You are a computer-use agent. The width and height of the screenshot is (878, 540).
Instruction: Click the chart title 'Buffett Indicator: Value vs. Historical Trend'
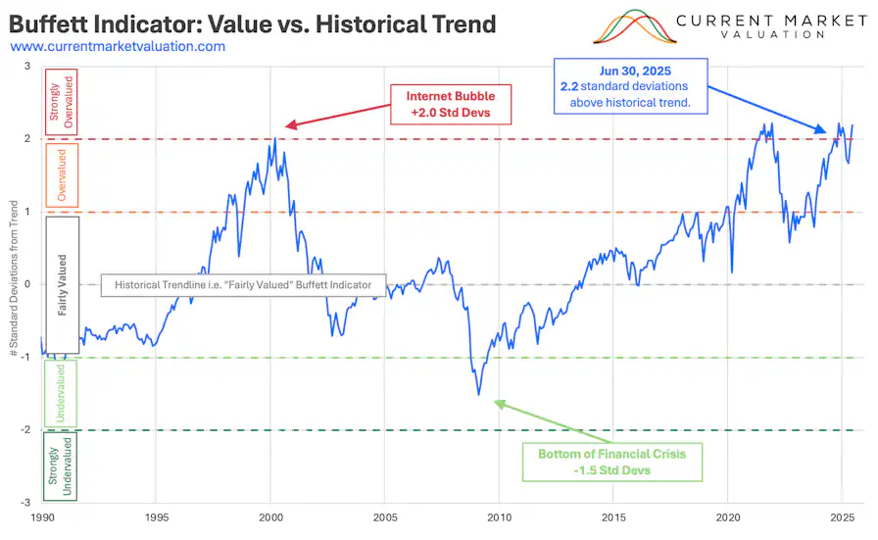[252, 23]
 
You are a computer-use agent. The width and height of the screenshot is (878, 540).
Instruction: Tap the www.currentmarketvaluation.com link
[118, 46]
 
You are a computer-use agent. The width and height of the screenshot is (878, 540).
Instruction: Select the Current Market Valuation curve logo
[637, 26]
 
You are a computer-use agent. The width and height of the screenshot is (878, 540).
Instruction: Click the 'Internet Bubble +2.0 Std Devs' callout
[452, 104]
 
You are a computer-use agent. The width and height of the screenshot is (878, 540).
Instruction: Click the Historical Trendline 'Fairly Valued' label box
[243, 285]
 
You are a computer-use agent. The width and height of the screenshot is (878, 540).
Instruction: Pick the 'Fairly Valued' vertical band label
[61, 284]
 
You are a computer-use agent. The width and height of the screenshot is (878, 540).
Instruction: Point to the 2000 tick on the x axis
[270, 515]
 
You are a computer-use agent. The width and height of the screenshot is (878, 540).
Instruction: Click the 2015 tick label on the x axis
[613, 515]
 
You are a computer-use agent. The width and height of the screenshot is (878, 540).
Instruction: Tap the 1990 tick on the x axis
[42, 515]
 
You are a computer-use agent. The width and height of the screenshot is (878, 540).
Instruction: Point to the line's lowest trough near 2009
[479, 394]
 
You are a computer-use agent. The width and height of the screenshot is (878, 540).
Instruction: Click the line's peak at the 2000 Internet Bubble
[274, 138]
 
